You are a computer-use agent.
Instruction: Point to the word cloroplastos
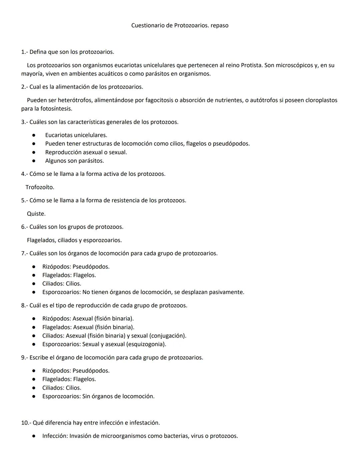[321, 100]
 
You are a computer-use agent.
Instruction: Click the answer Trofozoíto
[40, 187]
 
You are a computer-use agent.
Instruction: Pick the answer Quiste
[36, 213]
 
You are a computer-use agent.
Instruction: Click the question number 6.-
[24, 227]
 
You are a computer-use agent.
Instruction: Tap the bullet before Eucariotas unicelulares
[34, 135]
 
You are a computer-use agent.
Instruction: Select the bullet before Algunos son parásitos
[34, 161]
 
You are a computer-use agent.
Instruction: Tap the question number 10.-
[26, 423]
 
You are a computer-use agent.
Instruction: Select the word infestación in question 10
[144, 423]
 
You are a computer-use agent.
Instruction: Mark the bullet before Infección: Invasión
[34, 436]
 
